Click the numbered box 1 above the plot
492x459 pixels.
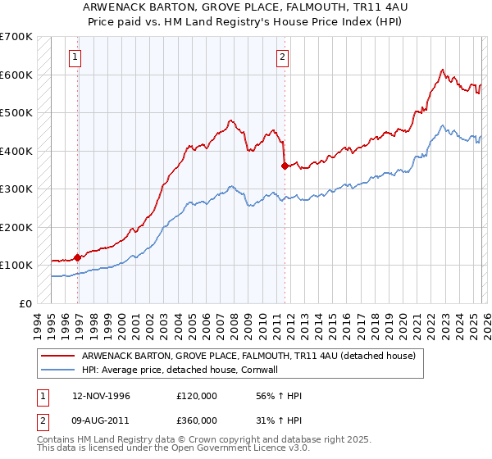coord(75,57)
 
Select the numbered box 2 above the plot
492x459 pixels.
coord(282,57)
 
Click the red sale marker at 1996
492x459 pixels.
coord(78,257)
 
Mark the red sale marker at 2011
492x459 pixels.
coord(285,166)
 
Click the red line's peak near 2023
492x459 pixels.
coord(442,70)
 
